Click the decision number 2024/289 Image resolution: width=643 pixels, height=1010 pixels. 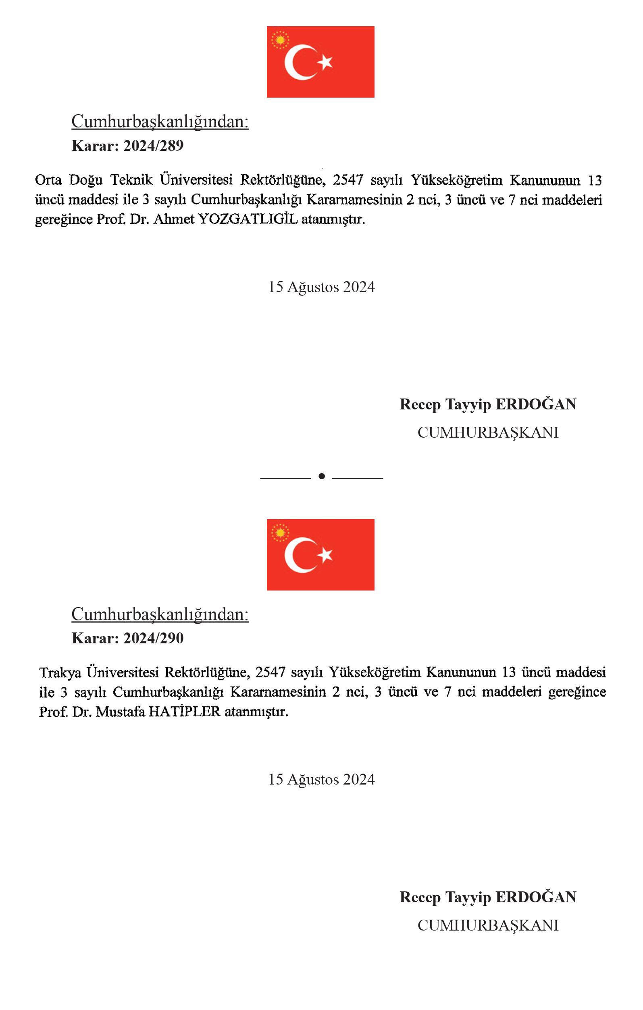click(x=154, y=146)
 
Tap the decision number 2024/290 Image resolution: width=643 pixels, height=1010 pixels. click(x=154, y=639)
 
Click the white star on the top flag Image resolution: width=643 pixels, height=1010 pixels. click(x=325, y=63)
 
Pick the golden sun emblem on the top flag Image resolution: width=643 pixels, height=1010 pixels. click(x=280, y=40)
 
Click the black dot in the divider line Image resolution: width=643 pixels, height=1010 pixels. click(x=322, y=476)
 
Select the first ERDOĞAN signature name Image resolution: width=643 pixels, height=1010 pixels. click(x=536, y=404)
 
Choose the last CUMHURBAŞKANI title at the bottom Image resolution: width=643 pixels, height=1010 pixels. click(x=488, y=925)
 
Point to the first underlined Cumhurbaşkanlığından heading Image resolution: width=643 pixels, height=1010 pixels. click(x=160, y=122)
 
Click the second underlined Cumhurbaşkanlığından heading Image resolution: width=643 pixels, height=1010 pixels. click(x=160, y=614)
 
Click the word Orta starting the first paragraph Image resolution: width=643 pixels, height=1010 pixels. click(x=48, y=180)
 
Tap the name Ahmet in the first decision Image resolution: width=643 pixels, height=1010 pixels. click(x=173, y=219)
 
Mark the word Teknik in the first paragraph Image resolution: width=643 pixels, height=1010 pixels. click(x=131, y=180)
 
